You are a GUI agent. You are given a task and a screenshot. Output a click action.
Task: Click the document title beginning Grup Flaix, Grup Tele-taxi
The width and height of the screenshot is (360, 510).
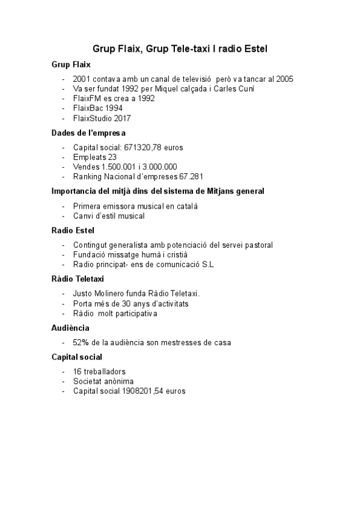(180, 48)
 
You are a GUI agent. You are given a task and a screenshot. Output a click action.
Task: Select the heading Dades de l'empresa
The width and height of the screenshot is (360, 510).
(88, 133)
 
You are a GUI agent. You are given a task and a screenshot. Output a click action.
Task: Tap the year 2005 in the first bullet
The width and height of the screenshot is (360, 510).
(284, 79)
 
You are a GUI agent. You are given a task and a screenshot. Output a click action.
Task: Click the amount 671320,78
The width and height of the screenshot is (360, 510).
(146, 147)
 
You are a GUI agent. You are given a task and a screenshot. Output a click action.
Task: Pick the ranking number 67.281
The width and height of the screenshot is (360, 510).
(192, 176)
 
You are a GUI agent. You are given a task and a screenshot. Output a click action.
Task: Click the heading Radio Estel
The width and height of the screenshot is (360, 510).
(73, 230)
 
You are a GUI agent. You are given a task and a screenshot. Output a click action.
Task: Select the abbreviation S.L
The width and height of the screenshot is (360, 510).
(207, 264)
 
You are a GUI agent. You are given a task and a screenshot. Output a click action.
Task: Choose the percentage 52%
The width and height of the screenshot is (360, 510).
(81, 342)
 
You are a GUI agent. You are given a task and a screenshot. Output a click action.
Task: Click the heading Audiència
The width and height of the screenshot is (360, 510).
(70, 328)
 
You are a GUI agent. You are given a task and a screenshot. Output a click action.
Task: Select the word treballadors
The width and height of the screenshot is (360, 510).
(105, 372)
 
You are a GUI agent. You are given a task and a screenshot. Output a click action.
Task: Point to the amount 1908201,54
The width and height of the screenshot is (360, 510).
(146, 391)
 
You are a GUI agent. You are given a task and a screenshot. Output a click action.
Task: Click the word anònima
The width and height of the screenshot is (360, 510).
(118, 381)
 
